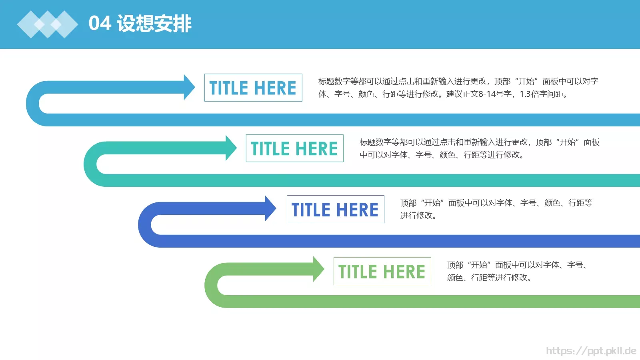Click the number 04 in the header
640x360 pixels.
(100, 23)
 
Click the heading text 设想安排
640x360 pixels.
(154, 24)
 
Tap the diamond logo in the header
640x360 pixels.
(48, 24)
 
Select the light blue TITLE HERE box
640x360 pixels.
(253, 88)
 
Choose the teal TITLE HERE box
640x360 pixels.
(294, 148)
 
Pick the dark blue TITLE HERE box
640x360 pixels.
(336, 209)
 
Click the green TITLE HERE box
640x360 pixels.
(382, 271)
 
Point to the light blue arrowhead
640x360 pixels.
(189, 87)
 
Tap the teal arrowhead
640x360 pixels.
(230, 148)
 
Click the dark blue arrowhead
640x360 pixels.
(270, 208)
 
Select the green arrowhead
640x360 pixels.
(318, 269)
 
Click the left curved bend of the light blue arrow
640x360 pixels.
(32, 104)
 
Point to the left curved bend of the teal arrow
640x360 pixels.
(90, 164)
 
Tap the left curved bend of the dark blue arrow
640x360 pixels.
(144, 225)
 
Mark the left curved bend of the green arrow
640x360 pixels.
(211, 285)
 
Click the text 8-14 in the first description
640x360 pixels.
(489, 94)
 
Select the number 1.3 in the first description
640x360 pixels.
(525, 94)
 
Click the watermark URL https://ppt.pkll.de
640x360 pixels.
(591, 350)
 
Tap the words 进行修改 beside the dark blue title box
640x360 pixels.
(416, 216)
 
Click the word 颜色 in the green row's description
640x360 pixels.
(455, 278)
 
